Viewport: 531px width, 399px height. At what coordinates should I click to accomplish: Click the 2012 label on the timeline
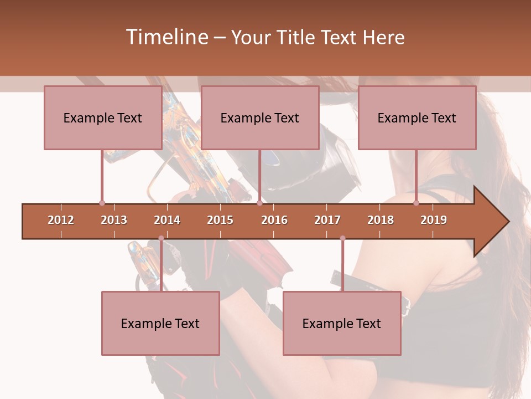tap(61, 220)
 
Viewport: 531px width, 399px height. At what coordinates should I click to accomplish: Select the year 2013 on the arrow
tap(114, 220)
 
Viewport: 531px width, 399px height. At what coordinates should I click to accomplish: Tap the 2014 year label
tap(167, 220)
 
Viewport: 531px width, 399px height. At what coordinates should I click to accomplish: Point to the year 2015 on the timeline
tap(220, 220)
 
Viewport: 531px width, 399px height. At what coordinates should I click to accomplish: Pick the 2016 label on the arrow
tap(274, 220)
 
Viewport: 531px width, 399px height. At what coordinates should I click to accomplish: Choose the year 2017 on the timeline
tap(327, 220)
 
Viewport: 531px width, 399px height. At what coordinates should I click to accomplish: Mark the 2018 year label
tap(381, 220)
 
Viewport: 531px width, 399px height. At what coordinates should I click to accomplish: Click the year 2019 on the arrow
tap(434, 220)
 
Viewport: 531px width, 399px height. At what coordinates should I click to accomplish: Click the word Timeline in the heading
tap(166, 37)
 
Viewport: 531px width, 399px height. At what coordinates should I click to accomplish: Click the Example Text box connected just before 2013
tap(103, 117)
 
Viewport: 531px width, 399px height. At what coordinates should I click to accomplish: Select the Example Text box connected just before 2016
tap(260, 117)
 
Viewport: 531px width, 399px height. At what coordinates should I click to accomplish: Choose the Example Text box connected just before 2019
tap(417, 117)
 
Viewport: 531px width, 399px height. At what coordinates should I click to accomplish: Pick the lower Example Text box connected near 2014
tap(160, 323)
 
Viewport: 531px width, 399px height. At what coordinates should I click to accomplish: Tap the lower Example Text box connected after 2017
tap(342, 323)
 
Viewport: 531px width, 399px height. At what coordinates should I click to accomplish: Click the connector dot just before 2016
tap(259, 203)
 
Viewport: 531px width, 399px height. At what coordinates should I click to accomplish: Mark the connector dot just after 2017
tap(342, 238)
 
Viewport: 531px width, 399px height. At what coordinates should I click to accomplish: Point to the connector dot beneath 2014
tap(161, 238)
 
